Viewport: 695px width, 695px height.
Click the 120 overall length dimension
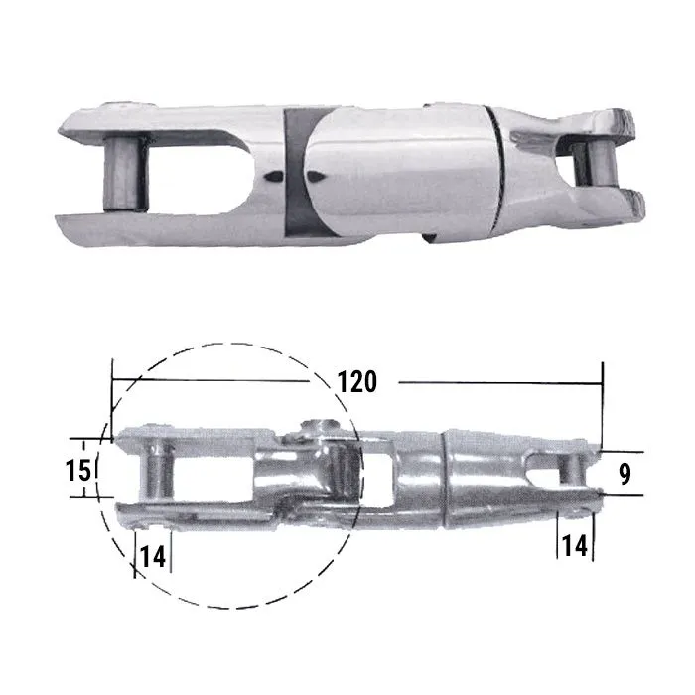tap(356, 381)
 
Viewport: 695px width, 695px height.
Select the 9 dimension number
tap(625, 474)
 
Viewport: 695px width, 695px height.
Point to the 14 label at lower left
tap(152, 557)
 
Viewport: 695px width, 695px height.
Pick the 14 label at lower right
tap(574, 546)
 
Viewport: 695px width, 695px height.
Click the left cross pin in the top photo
tap(125, 171)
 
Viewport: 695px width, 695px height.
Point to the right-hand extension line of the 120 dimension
tap(603, 407)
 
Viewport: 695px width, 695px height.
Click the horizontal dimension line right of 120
tap(496, 380)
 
